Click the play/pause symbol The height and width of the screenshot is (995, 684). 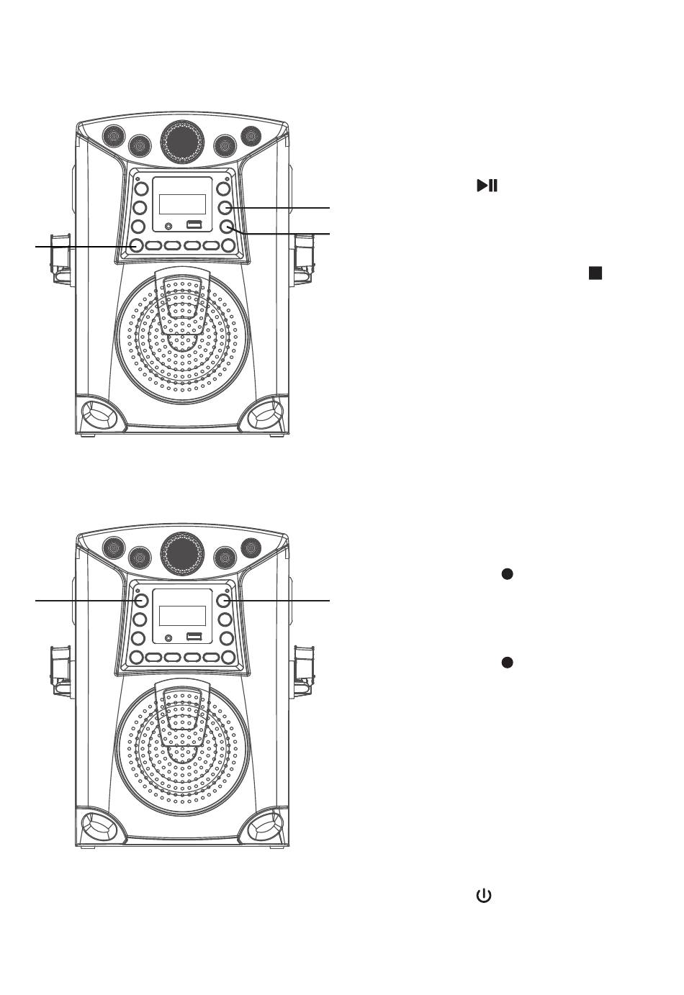coord(487,186)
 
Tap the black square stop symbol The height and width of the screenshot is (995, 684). coord(595,273)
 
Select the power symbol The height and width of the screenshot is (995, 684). coord(483,896)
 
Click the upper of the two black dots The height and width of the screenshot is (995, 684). coord(507,573)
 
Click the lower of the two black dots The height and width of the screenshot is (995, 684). coord(507,662)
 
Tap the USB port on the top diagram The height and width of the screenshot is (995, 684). coord(193,225)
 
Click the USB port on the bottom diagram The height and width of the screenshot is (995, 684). coord(193,637)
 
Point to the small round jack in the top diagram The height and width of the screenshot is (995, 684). coord(168,227)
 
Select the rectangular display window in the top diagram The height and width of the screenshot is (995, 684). coord(182,204)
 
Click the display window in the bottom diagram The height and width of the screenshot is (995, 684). coord(182,615)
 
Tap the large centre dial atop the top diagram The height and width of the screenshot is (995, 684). coord(181,140)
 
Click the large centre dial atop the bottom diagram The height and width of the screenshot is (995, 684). coord(181,552)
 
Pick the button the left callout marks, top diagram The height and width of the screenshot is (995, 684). coord(136,246)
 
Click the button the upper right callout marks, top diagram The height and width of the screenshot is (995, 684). coord(225,208)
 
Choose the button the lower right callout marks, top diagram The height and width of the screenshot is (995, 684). coord(227,227)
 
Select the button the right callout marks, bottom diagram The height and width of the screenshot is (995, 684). coord(224,600)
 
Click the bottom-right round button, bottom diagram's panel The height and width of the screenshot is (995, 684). coord(228,657)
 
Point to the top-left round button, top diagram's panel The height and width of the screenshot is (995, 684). coord(140,189)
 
